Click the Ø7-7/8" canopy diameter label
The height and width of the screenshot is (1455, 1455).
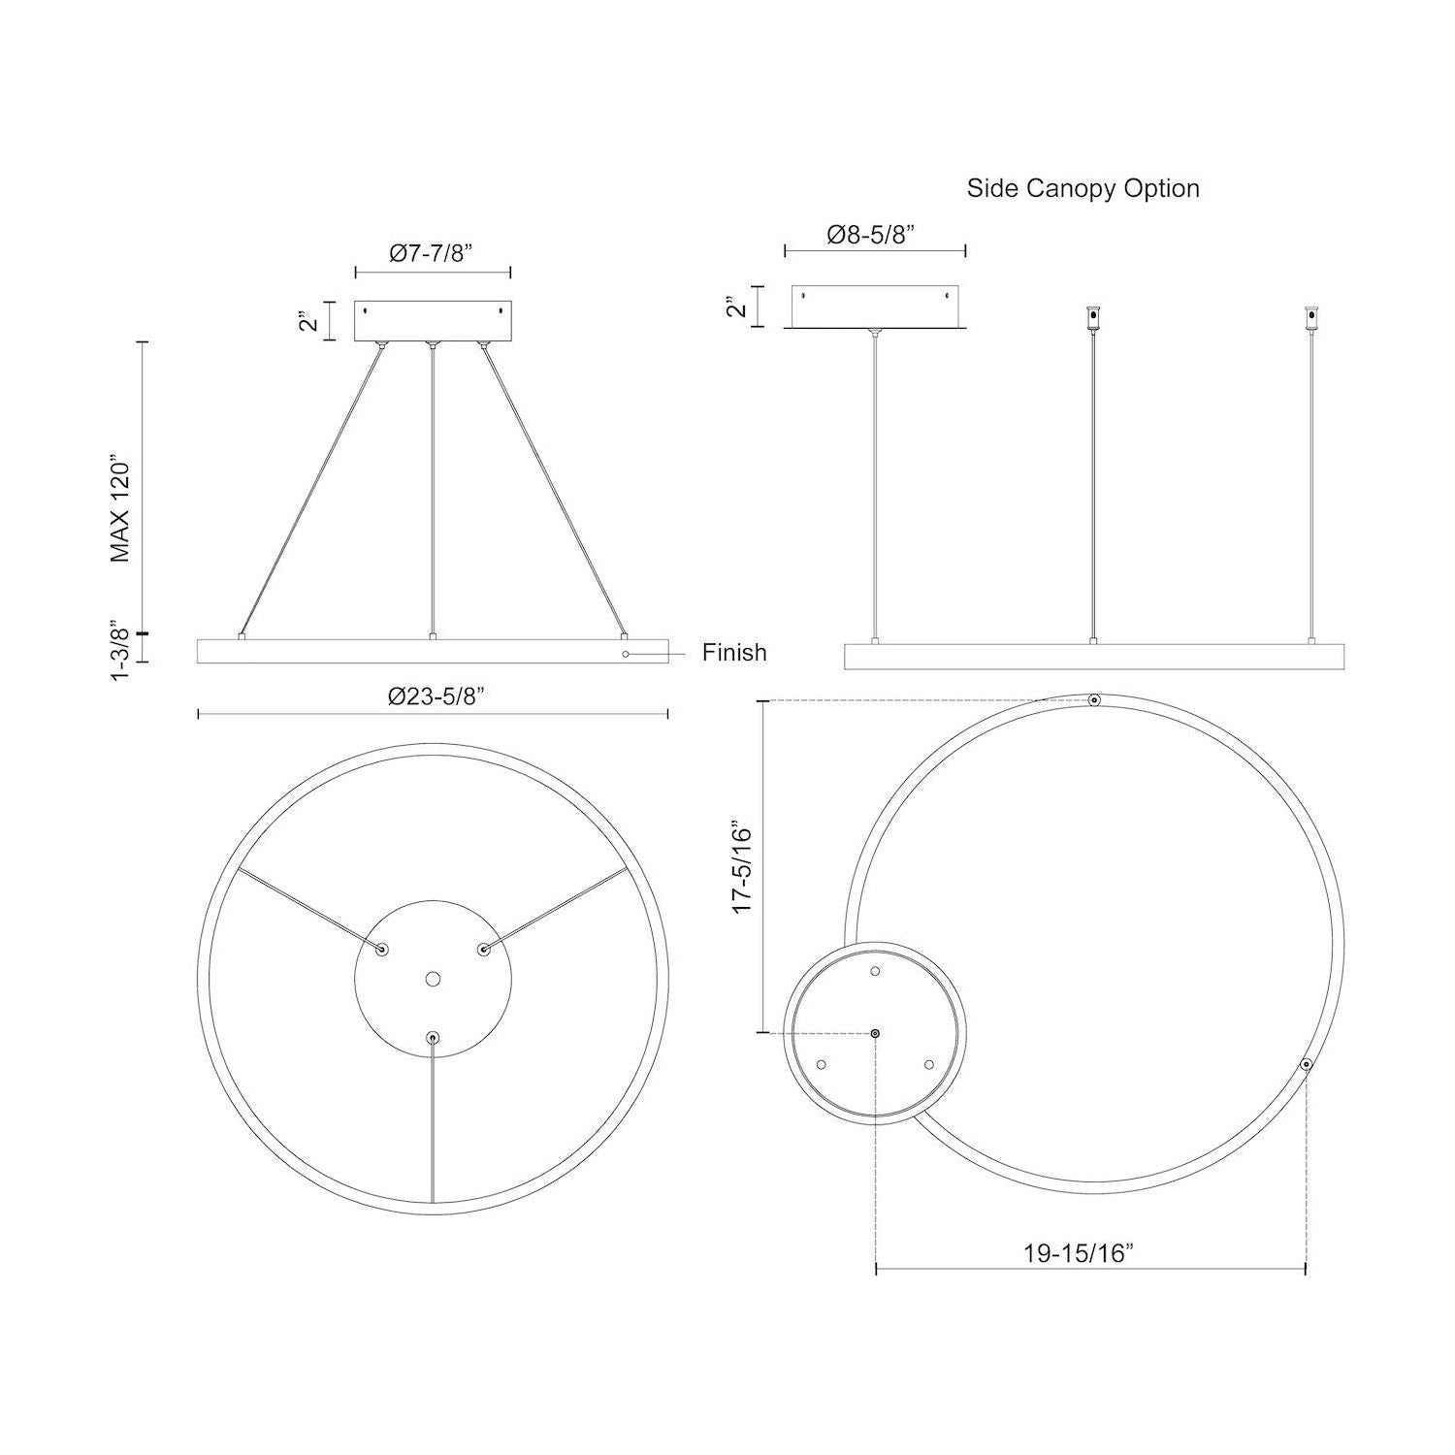432,253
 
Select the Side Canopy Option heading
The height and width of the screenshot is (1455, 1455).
1083,188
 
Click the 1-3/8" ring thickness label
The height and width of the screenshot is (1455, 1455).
119,650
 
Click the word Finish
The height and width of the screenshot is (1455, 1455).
734,653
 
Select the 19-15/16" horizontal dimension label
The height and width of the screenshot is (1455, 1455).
1079,1253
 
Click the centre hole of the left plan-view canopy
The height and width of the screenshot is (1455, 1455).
433,979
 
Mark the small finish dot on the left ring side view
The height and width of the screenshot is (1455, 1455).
627,654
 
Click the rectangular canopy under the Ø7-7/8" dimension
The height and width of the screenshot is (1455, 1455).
433,321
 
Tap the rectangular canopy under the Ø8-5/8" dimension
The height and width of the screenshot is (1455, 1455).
875,307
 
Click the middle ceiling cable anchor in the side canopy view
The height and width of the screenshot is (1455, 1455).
1093,319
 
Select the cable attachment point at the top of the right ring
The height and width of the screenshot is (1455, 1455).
1094,700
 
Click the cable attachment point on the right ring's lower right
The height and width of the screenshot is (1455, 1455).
1307,1065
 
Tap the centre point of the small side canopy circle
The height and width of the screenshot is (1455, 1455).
876,1034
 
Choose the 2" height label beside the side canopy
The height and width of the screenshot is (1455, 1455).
739,307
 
